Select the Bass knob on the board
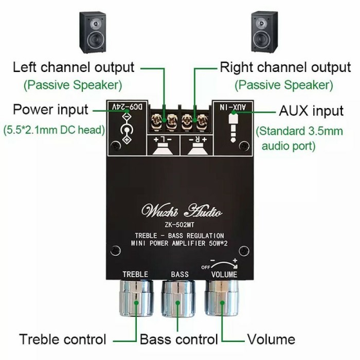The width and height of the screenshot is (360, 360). point(179,298)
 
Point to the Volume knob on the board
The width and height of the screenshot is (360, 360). point(223,298)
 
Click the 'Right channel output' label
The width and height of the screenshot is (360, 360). point(285,67)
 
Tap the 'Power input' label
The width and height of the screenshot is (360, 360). point(50,110)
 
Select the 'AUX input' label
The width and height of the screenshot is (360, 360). point(311,111)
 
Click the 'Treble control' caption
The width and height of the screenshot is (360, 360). point(63,339)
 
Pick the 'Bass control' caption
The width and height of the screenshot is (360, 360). point(179,339)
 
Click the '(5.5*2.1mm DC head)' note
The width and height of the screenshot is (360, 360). point(54,131)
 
